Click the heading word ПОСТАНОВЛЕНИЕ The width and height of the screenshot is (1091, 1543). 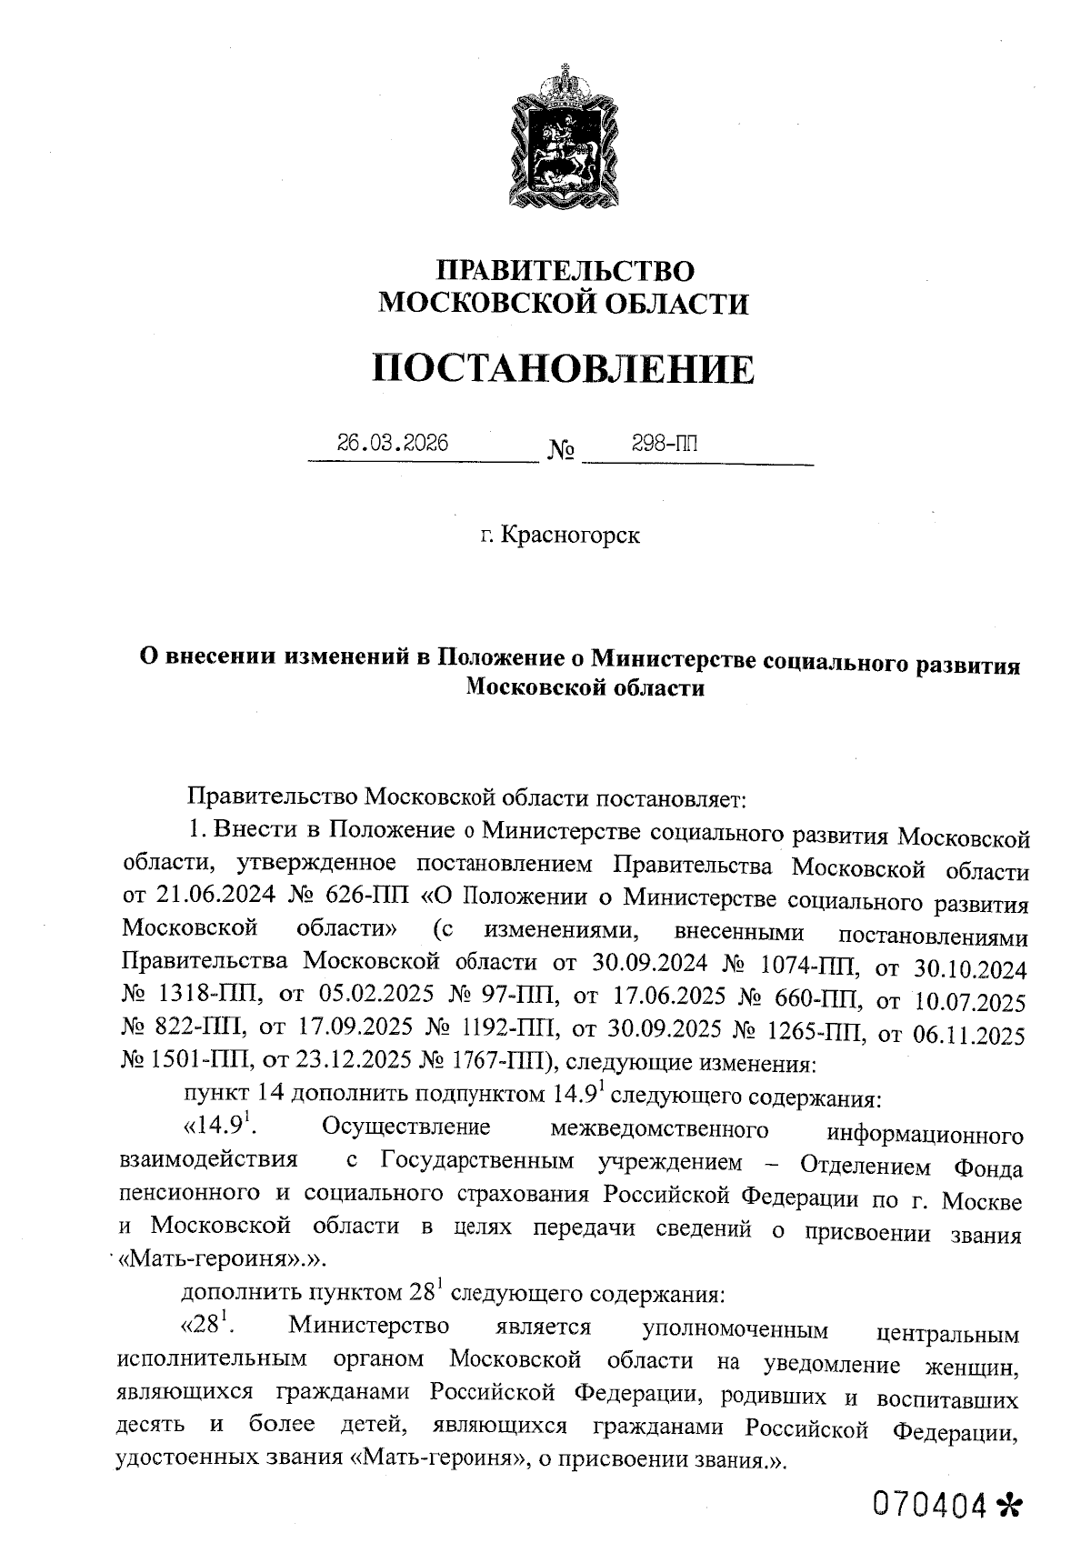tap(564, 369)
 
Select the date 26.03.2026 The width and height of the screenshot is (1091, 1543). tap(392, 443)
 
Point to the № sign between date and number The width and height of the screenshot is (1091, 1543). tap(561, 450)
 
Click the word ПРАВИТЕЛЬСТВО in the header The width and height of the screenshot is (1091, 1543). tap(566, 270)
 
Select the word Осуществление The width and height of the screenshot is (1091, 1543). tap(405, 1127)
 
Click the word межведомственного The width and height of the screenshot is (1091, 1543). tap(659, 1129)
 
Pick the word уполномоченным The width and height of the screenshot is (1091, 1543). tap(736, 1328)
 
